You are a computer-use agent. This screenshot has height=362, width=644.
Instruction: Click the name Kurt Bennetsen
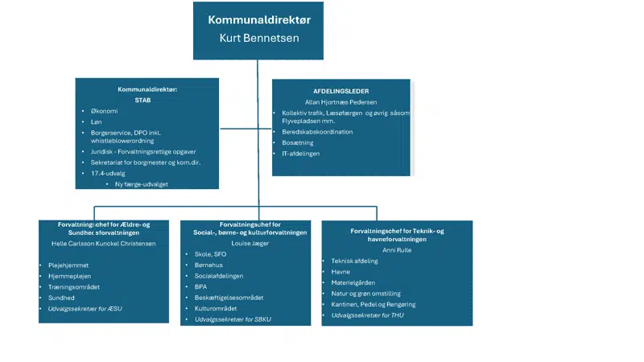258,38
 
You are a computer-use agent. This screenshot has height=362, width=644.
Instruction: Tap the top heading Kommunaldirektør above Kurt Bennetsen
258,19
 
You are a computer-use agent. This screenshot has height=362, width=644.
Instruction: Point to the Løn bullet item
96,121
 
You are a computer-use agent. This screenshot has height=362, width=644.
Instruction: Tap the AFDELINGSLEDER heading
342,91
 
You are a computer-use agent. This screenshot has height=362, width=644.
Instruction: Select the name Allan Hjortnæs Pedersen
342,102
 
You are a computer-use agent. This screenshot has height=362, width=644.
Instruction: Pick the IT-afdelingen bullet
306,153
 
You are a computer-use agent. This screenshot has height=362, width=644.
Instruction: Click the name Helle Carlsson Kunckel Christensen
105,242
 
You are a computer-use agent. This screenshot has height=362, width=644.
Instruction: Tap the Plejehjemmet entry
68,263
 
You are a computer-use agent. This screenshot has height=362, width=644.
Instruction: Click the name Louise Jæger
246,242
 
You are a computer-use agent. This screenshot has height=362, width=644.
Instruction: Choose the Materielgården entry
354,282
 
